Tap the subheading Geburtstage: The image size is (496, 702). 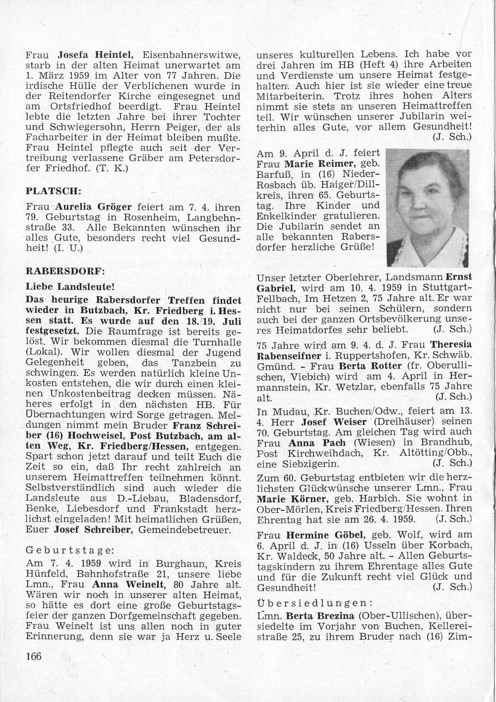(x=69, y=550)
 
